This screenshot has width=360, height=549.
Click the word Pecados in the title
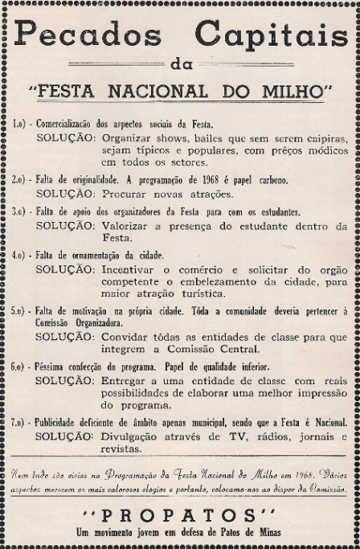click(88, 35)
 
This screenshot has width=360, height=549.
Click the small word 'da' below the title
click(179, 64)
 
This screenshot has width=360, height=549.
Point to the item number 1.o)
click(21, 125)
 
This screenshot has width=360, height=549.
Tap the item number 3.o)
click(21, 213)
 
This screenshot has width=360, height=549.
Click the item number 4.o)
click(21, 255)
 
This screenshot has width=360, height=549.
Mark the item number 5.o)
click(21, 309)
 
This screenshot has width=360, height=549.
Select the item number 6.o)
click(21, 364)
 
